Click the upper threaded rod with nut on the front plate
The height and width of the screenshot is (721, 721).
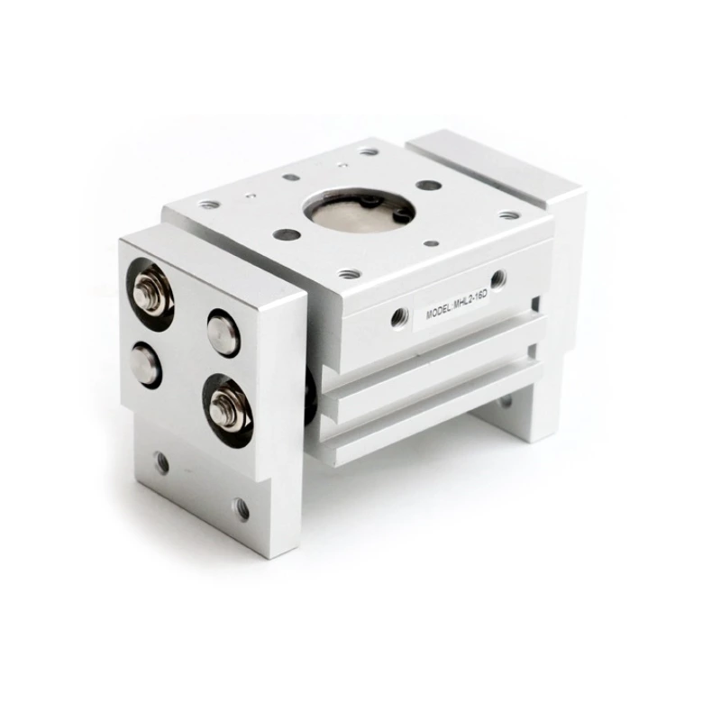tap(150, 292)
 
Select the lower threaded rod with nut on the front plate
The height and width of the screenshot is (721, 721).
tap(225, 406)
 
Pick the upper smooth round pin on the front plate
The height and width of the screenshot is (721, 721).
tap(223, 333)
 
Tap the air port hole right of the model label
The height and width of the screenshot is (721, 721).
tap(497, 278)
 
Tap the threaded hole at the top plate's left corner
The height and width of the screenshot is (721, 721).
tap(209, 205)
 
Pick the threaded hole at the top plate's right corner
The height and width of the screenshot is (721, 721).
tap(509, 215)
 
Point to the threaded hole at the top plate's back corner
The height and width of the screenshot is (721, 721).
tap(367, 151)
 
